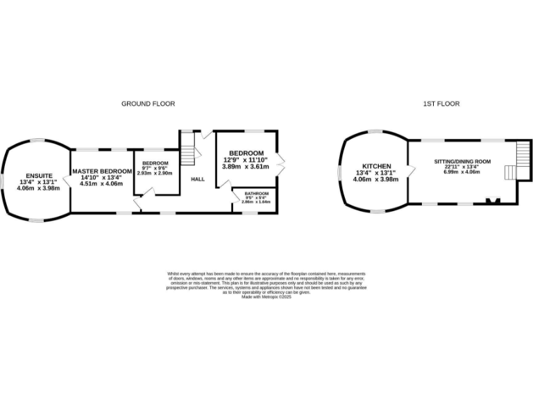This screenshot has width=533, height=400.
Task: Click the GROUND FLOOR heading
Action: [x=148, y=103]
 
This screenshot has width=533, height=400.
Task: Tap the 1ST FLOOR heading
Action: [x=441, y=103]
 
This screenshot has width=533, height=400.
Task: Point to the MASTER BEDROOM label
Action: [x=102, y=171]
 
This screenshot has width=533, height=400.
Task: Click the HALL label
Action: [x=198, y=178]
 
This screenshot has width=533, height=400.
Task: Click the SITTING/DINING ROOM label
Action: [x=462, y=161]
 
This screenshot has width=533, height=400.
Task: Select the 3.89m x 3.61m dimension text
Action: [x=245, y=167]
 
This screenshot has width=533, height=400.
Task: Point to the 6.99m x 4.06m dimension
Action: [x=462, y=172]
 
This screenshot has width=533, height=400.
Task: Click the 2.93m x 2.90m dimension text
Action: [x=155, y=172]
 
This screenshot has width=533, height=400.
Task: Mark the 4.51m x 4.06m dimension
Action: [x=102, y=184]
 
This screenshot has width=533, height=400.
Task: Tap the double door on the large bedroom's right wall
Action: [x=280, y=161]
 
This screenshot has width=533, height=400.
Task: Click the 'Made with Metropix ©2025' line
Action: [x=266, y=297]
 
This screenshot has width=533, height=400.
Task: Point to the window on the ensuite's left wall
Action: [x=2, y=178]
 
